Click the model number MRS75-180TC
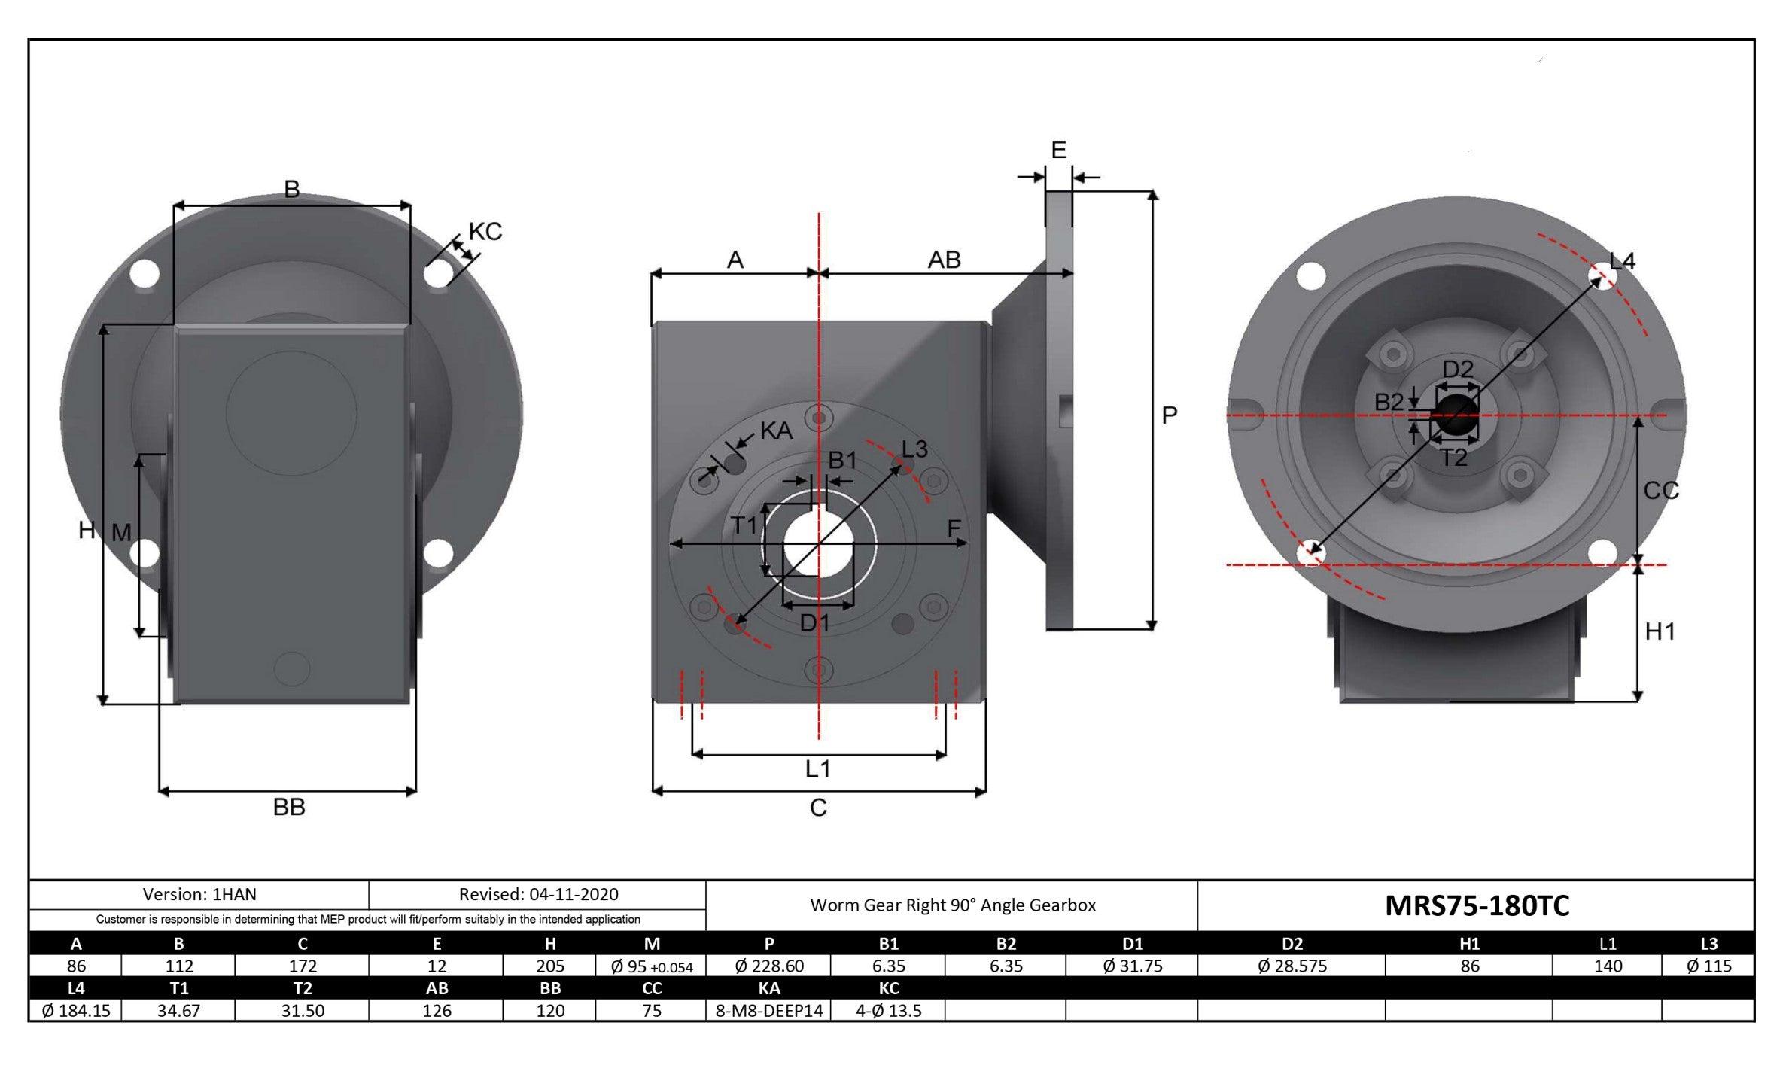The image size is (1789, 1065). (x=1477, y=905)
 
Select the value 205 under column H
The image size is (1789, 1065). (x=549, y=966)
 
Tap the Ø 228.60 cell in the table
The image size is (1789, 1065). (x=768, y=966)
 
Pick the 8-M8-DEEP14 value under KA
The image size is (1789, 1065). (x=768, y=1011)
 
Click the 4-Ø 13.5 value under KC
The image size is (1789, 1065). (x=888, y=1011)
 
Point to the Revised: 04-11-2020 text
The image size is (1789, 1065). (x=538, y=894)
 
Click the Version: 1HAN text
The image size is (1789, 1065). (x=199, y=894)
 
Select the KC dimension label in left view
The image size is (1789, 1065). (x=485, y=232)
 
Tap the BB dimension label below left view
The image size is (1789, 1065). (x=289, y=807)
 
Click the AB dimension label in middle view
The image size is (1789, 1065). (x=944, y=260)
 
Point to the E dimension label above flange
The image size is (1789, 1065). (x=1058, y=151)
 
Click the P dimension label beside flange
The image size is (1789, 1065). (x=1169, y=415)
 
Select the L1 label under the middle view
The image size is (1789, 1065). (x=818, y=769)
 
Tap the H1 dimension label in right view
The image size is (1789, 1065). (x=1660, y=631)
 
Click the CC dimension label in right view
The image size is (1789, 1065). (x=1661, y=491)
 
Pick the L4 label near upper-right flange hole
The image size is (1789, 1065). (x=1622, y=261)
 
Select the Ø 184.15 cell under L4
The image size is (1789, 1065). (x=76, y=1011)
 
